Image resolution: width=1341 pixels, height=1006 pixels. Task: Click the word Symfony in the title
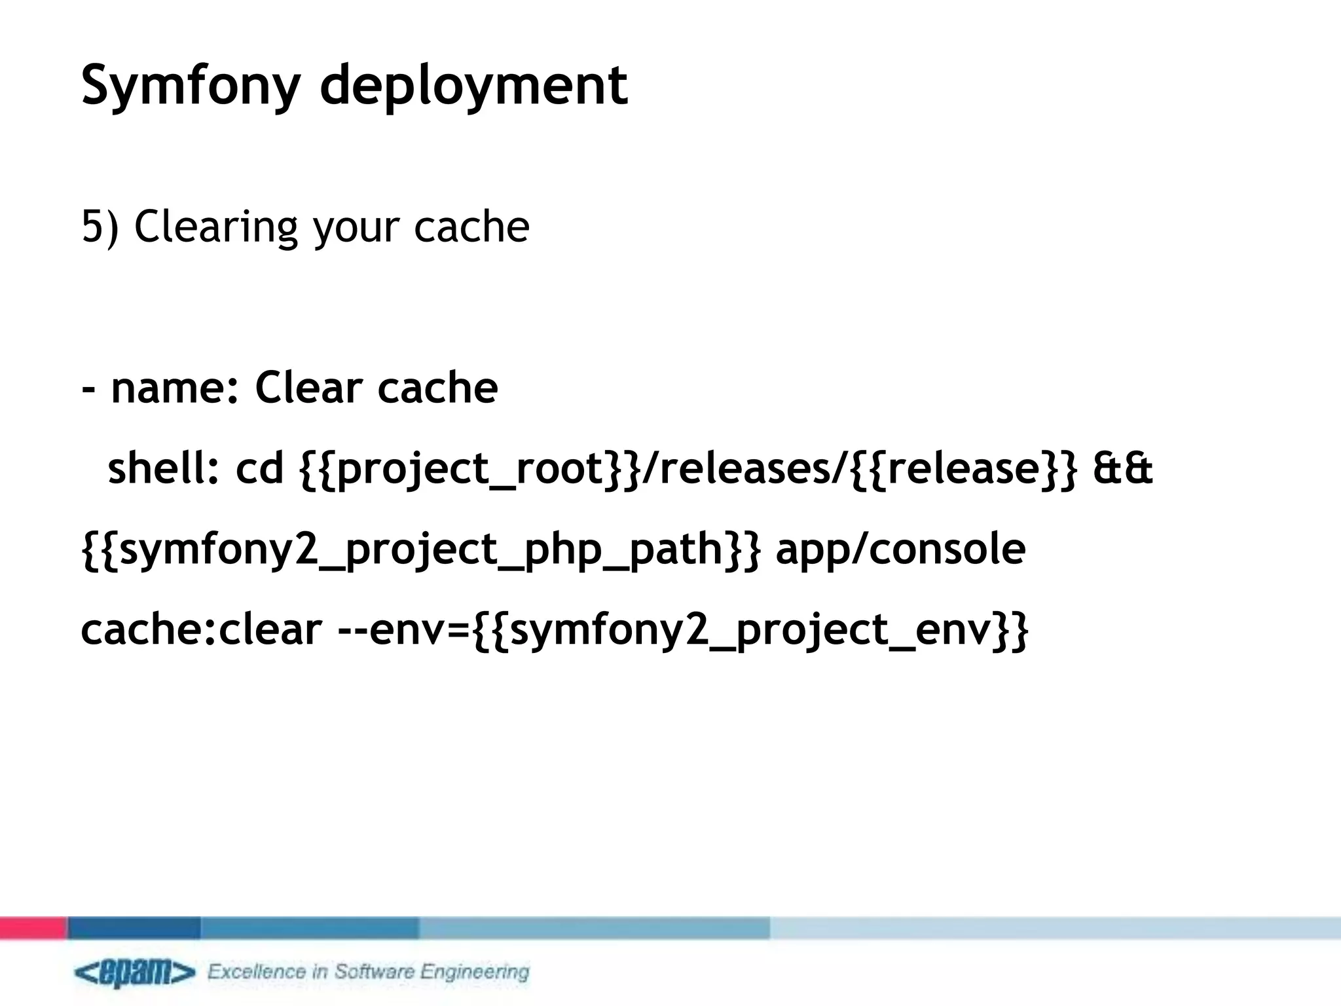tap(191, 86)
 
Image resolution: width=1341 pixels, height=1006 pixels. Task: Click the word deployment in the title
tap(473, 86)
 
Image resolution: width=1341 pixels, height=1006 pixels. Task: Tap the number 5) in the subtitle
tap(100, 227)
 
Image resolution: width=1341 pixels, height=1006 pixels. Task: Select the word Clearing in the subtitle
tap(216, 228)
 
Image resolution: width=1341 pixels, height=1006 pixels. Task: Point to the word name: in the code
tap(175, 388)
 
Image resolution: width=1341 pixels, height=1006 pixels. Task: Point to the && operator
tap(1122, 470)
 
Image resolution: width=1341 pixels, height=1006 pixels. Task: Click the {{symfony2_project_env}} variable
tap(750, 631)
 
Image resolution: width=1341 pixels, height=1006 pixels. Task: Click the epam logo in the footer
tap(134, 973)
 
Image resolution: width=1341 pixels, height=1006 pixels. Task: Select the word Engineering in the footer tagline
tap(474, 972)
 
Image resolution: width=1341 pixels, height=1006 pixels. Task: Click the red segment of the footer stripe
tap(33, 928)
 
